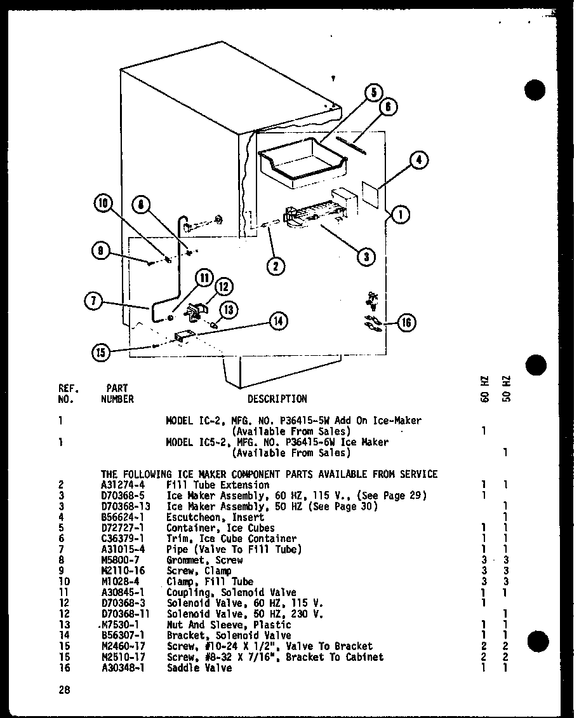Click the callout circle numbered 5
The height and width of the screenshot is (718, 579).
click(373, 93)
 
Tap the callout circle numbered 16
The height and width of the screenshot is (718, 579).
click(406, 323)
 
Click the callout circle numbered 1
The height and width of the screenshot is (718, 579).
click(400, 215)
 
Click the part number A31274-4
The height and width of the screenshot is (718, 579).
click(123, 485)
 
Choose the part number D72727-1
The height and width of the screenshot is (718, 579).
click(123, 528)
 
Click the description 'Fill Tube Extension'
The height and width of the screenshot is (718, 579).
click(218, 485)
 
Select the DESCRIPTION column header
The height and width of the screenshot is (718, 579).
click(277, 399)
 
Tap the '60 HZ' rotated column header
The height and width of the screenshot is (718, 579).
click(484, 388)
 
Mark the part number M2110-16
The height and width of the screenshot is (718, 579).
click(123, 571)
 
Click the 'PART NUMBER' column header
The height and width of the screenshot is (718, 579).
click(117, 393)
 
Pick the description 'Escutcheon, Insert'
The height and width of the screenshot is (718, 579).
click(215, 517)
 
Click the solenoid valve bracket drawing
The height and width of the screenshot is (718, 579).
click(182, 338)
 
